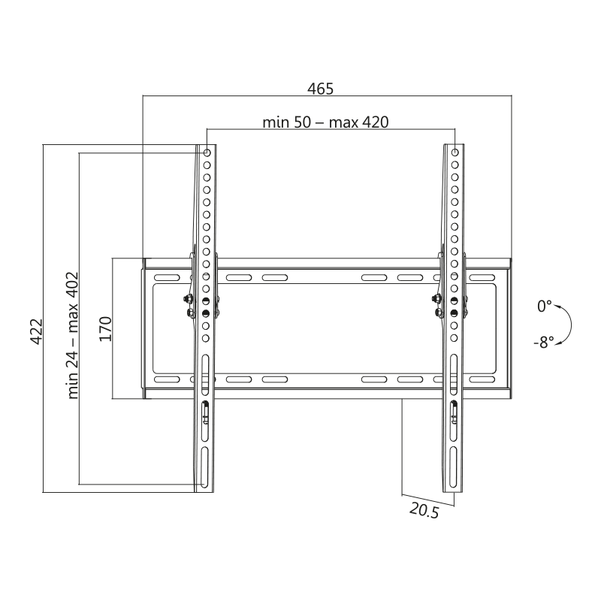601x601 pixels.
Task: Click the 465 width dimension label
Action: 321,89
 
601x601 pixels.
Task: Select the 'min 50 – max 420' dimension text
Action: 325,122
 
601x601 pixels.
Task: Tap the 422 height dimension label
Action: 37,331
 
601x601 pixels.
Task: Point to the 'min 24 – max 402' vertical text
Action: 72,335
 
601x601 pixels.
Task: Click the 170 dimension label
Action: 105,329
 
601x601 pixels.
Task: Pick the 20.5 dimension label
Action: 424,511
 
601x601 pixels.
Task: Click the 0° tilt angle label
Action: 544,307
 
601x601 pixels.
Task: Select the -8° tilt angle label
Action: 543,342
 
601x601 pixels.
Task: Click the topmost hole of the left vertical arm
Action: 207,153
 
